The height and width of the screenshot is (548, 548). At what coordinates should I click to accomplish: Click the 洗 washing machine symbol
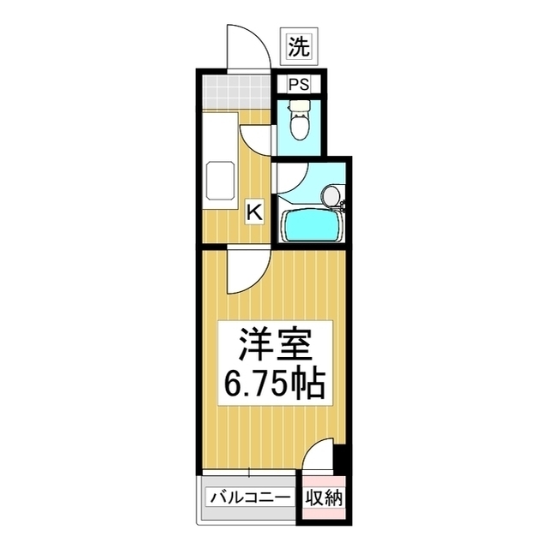[x=299, y=46]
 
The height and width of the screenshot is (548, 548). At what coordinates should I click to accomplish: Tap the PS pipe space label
[x=299, y=84]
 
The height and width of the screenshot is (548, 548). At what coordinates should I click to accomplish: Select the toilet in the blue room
[x=299, y=120]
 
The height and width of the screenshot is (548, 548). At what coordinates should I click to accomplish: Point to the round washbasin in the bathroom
[x=331, y=196]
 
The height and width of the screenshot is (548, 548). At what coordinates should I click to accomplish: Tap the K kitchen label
[x=255, y=212]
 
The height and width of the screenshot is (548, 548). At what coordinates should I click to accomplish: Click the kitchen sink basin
[x=219, y=181]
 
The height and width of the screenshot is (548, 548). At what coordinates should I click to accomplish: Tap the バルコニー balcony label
[x=250, y=497]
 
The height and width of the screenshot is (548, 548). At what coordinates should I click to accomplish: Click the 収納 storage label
[x=325, y=497]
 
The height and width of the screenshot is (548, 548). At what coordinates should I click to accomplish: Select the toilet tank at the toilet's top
[x=299, y=104]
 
